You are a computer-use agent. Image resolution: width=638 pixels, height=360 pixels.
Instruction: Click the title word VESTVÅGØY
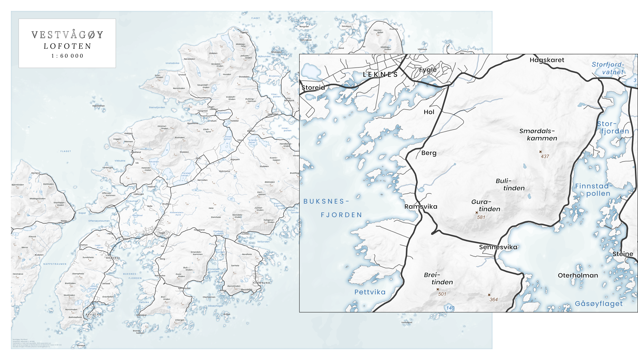coord(67,35)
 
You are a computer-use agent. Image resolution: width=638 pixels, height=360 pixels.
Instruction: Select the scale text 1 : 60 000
coord(67,56)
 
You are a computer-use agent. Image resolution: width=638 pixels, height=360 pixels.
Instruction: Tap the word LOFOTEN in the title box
coord(67,46)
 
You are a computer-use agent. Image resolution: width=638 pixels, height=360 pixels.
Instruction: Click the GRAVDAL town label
coord(113,258)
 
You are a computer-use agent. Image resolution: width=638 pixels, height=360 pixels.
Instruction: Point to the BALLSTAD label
coord(93,314)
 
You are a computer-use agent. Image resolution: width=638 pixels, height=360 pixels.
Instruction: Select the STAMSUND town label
coord(261,283)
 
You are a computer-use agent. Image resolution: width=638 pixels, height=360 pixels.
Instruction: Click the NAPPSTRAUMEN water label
coord(55,264)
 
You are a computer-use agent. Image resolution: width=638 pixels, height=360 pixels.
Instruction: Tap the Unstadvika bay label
coord(172,63)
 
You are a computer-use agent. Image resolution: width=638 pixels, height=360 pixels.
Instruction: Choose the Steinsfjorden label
coord(157,107)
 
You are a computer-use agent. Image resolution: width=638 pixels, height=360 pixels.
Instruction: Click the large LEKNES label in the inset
coord(380,75)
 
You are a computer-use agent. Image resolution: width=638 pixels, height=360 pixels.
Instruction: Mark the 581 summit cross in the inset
coord(476,212)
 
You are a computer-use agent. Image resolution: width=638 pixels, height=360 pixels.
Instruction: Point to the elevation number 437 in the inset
coord(545,156)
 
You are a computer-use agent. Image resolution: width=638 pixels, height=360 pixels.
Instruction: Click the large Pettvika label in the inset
coord(370,292)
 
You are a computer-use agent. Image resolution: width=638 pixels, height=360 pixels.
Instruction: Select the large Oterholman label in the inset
coord(578,275)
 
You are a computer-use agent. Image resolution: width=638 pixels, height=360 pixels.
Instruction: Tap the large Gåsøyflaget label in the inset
coord(599,304)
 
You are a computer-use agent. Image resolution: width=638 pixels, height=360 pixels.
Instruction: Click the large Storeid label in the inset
coord(313,88)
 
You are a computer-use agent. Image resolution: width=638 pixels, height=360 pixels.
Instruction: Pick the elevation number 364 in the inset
coord(494,299)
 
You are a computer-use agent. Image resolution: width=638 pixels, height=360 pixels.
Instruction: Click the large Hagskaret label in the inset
coord(547,60)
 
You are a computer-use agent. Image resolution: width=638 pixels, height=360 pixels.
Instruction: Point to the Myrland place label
coord(36,173)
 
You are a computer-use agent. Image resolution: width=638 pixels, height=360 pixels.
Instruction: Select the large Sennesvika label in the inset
coord(498,247)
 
